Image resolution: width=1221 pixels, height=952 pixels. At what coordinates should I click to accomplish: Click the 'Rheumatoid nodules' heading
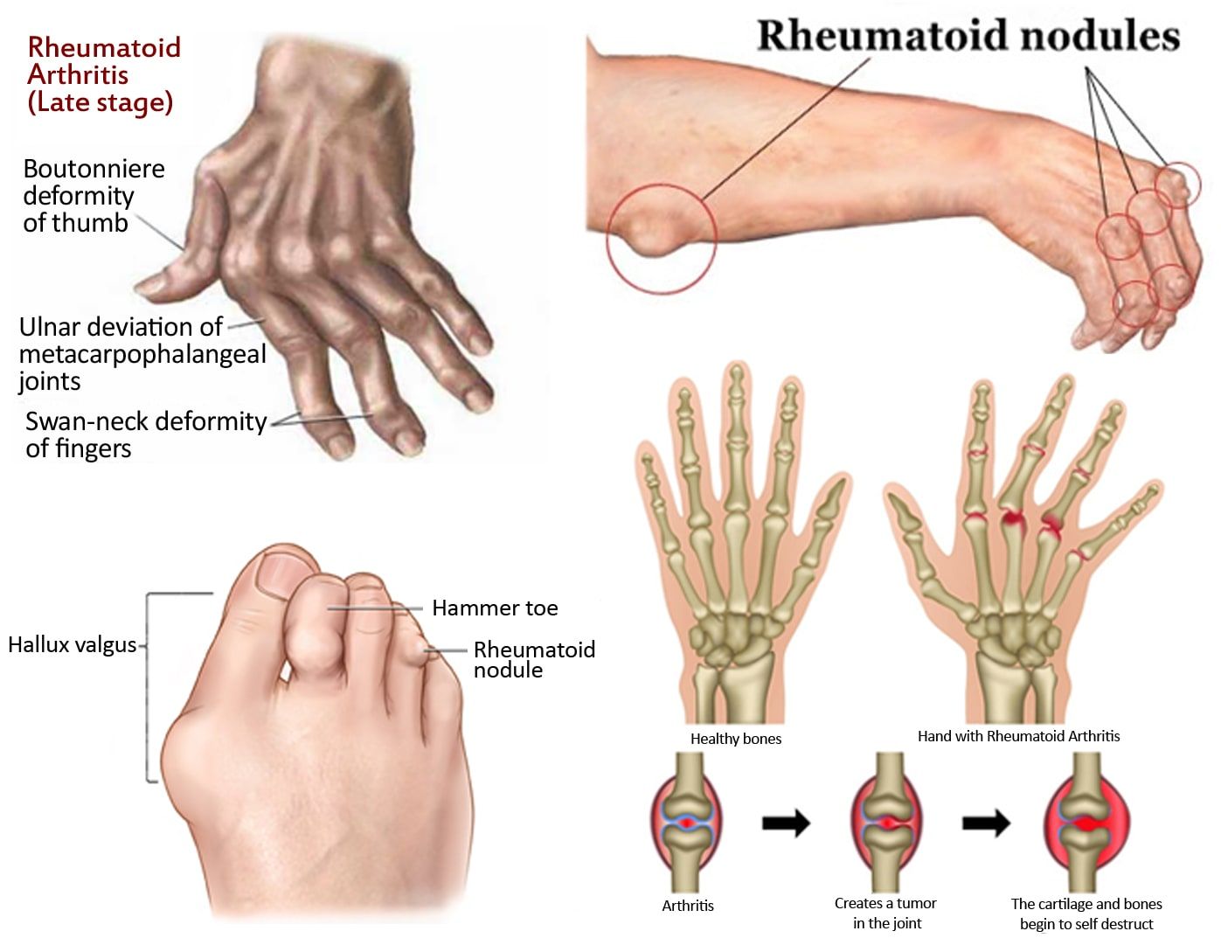(x=968, y=35)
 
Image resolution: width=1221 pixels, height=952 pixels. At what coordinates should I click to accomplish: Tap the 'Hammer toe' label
(x=495, y=608)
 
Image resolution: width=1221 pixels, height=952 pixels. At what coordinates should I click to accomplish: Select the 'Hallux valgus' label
(x=72, y=645)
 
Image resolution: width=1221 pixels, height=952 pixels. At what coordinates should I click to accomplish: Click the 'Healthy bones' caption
(x=736, y=739)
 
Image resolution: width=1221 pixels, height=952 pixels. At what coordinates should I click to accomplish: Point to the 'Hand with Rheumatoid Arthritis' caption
(x=1019, y=736)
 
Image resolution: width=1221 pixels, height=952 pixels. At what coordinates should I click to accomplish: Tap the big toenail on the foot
(x=286, y=575)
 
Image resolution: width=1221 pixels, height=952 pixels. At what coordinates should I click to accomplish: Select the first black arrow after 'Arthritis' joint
(x=786, y=823)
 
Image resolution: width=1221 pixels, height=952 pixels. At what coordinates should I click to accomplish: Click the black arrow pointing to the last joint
(x=986, y=823)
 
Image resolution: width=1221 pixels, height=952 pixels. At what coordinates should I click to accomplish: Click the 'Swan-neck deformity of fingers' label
(x=146, y=435)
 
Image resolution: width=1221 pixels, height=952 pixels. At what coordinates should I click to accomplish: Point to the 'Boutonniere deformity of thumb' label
(x=94, y=196)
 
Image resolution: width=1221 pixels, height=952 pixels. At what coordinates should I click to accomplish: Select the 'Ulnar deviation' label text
(x=142, y=354)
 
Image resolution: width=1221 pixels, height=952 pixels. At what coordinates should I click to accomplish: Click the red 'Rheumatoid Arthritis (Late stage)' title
(x=104, y=75)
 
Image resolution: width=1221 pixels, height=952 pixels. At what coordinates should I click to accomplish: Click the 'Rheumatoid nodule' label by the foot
(x=534, y=660)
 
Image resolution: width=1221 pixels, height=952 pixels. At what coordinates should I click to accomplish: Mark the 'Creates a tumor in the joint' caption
(x=886, y=914)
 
